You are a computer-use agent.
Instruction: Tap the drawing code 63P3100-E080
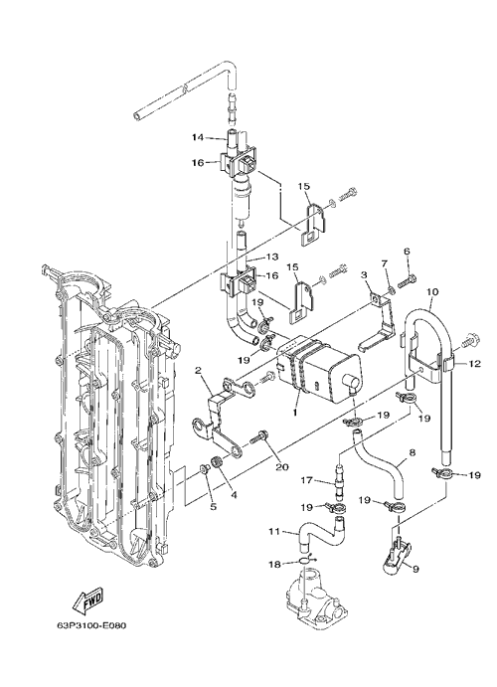point(91,625)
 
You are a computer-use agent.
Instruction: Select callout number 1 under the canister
point(295,413)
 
